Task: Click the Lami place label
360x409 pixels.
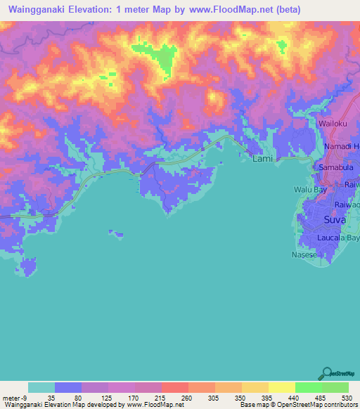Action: [262, 160]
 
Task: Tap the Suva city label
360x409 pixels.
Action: [335, 220]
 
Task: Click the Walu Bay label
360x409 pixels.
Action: [310, 190]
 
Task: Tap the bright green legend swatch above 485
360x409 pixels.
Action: [308, 387]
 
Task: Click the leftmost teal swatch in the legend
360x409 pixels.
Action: [41, 387]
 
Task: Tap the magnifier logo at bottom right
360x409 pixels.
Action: [326, 373]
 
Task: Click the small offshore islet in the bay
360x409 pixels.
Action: [117, 233]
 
